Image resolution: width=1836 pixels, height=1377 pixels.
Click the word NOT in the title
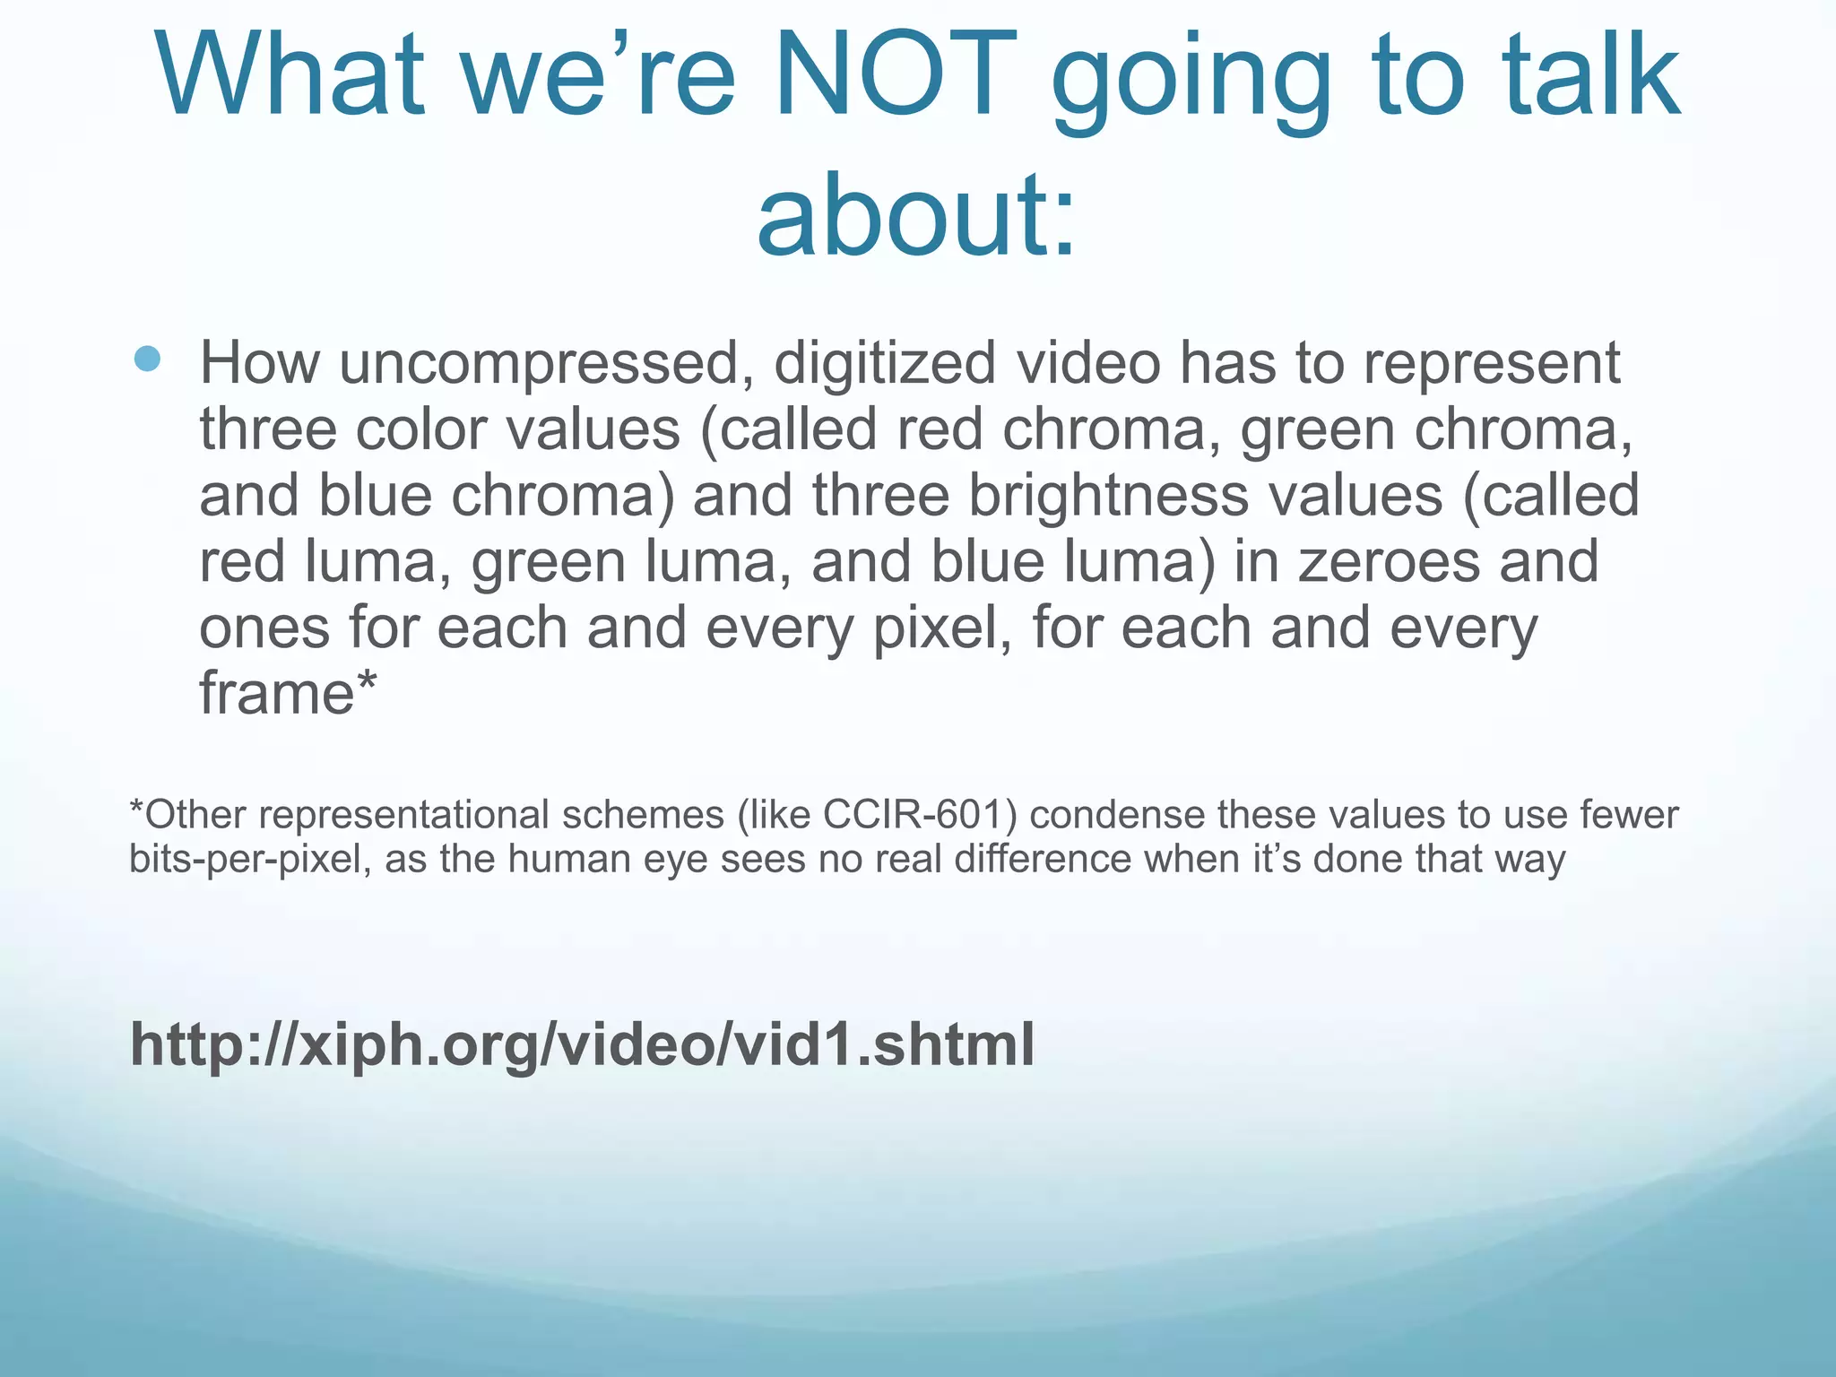[x=895, y=75]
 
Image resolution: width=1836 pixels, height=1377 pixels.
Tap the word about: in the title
[x=916, y=215]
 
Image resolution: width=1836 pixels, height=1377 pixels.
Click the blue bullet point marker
[x=146, y=360]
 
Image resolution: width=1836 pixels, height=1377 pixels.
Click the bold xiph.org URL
[x=582, y=1044]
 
